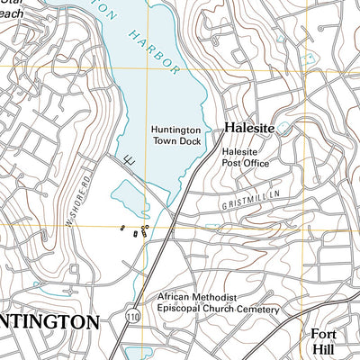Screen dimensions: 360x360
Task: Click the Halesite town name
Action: point(247,128)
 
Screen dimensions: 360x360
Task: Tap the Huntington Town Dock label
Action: point(170,136)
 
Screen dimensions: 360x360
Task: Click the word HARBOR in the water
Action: point(154,55)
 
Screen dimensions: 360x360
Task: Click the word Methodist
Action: point(216,296)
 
